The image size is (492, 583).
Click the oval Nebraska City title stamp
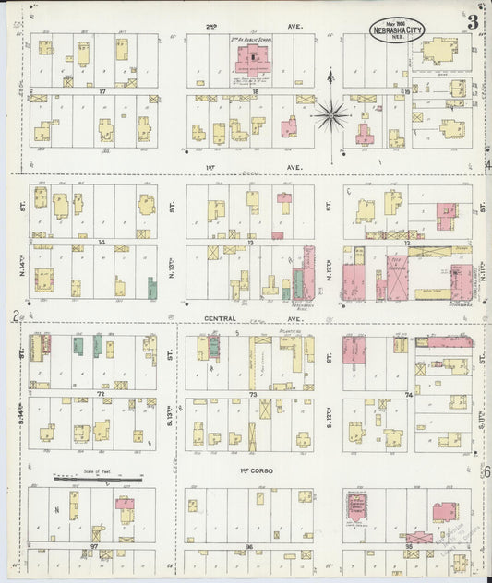pyautogui.click(x=399, y=29)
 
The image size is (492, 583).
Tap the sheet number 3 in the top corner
pyautogui.click(x=472, y=22)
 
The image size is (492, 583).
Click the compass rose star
pyautogui.click(x=330, y=115)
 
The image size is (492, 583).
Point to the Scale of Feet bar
pyautogui.click(x=97, y=479)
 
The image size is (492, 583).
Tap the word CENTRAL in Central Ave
pyautogui.click(x=220, y=318)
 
